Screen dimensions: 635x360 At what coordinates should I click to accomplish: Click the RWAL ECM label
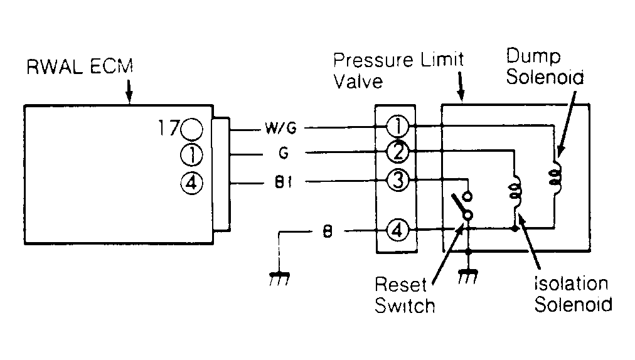coord(80,67)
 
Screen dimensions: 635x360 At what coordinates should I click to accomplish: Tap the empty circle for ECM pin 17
coord(191,129)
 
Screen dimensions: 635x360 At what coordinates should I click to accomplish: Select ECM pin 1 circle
coord(191,155)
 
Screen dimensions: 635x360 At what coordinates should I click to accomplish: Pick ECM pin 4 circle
coord(191,183)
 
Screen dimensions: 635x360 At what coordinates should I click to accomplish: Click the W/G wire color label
coord(280,129)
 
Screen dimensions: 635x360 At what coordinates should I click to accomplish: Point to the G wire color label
coord(284,153)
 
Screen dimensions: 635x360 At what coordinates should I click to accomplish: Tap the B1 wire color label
coord(284,183)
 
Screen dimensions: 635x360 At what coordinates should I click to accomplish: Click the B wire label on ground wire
coord(328,231)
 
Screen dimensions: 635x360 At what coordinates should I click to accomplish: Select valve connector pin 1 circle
coord(398,126)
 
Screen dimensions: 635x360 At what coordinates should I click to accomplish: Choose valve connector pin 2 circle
coord(398,152)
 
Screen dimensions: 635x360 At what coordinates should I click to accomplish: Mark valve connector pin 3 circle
coord(398,180)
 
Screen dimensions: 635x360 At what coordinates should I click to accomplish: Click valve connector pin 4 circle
coord(398,230)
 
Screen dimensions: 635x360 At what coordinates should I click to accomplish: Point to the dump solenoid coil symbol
coord(555,176)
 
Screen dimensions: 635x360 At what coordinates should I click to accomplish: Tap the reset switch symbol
coord(463,205)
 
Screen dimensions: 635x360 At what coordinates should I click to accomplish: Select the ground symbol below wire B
coord(279,278)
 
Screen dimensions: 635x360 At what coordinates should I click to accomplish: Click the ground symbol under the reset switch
coord(468,277)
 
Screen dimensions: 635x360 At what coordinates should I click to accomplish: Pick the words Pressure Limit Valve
coord(398,70)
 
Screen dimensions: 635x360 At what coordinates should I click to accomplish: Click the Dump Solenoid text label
coord(545,66)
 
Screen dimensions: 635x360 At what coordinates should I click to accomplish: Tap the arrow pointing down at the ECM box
coord(129,91)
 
